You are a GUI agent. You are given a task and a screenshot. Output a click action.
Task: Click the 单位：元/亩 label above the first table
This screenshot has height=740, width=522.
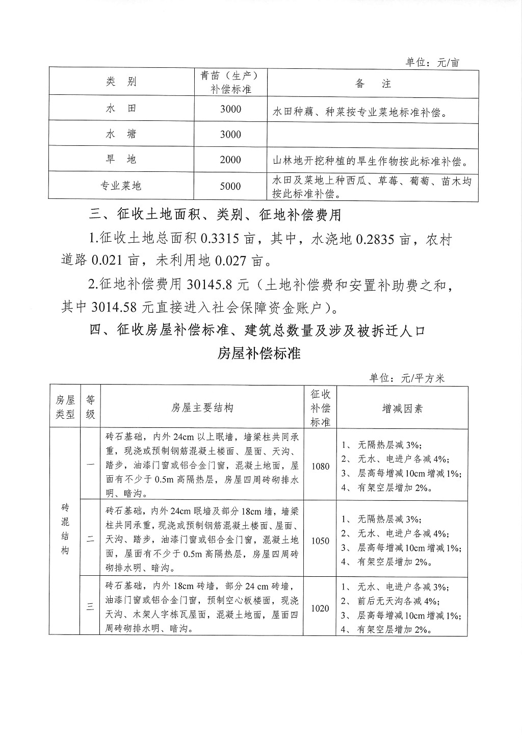(432, 62)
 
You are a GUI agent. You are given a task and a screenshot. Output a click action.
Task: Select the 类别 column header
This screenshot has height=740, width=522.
(121, 82)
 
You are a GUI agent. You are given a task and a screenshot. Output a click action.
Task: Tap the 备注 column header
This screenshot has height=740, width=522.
(373, 84)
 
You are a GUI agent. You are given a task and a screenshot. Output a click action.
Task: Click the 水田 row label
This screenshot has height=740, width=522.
(121, 109)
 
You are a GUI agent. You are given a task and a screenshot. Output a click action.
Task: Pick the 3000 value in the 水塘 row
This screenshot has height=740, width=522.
(230, 134)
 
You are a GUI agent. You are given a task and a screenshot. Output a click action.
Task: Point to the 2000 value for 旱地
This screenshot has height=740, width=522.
(230, 160)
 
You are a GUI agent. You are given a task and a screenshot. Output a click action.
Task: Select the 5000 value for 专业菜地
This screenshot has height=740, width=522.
(230, 186)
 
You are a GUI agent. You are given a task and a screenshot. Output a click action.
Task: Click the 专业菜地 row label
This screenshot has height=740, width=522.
(121, 186)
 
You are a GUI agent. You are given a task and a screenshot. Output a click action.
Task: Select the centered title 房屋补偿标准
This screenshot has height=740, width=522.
(259, 353)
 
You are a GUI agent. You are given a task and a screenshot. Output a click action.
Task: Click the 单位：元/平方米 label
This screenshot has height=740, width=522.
(407, 378)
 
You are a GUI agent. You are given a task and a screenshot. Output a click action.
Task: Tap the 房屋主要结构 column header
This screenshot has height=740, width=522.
(202, 408)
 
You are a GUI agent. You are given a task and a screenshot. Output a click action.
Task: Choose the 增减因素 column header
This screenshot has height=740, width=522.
(402, 409)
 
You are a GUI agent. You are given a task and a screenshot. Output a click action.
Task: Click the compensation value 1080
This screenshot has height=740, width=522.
(320, 466)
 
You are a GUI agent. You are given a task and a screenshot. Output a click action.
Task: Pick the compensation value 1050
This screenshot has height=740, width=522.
(320, 541)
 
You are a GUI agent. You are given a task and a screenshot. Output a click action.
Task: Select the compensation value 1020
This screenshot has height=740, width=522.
(320, 608)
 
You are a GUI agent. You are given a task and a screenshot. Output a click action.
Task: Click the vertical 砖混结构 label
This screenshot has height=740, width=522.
(65, 529)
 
